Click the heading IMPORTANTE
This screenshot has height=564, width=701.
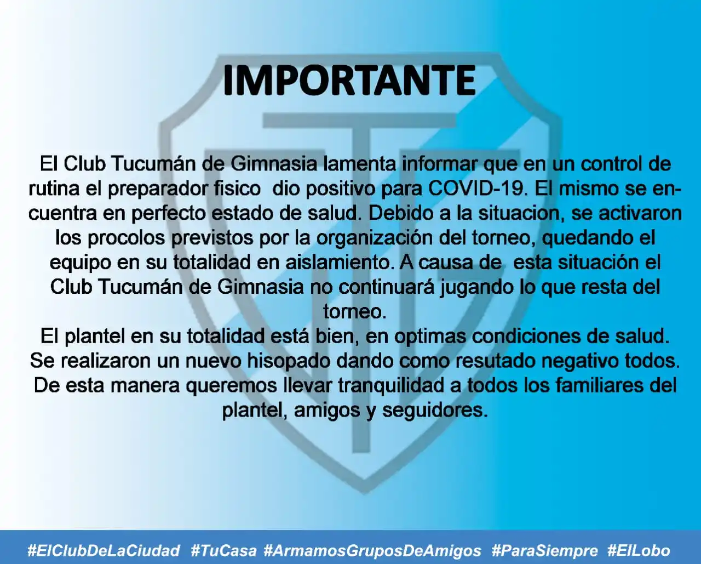coord(349,81)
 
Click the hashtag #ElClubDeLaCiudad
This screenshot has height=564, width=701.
coord(104,550)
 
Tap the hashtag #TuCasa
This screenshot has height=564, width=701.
coord(223,550)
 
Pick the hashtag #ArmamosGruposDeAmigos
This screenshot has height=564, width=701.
coord(372,550)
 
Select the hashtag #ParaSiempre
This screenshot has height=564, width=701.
coord(545,550)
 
